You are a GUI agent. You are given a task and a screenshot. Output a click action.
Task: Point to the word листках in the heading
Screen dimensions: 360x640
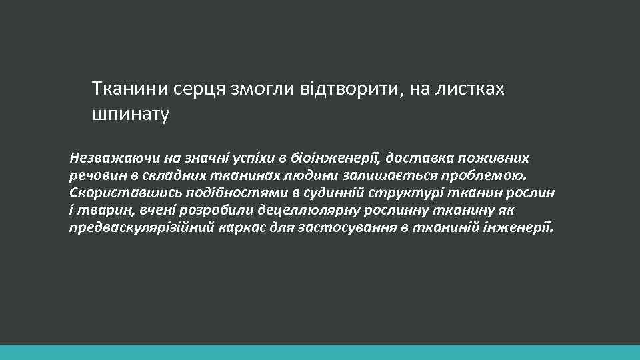tap(471, 89)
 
